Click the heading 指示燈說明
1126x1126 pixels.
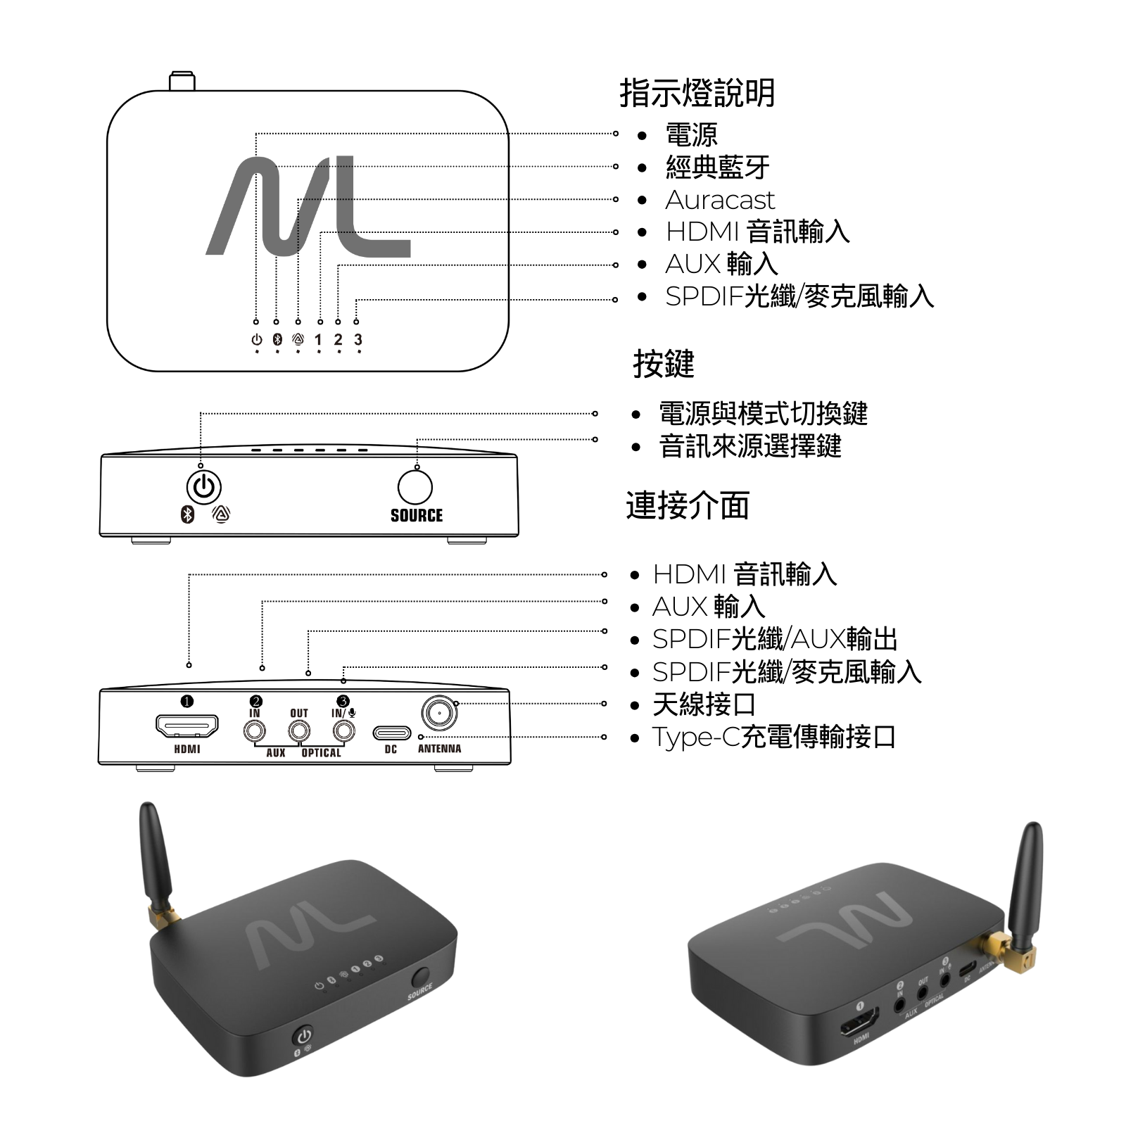pyautogui.click(x=697, y=93)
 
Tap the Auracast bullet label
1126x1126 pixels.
pyautogui.click(x=719, y=200)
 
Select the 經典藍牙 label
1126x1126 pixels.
pyautogui.click(x=717, y=167)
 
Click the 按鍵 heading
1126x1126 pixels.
pyautogui.click(x=663, y=364)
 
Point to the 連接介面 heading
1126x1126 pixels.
pyautogui.click(x=687, y=505)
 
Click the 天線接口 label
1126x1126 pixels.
pyautogui.click(x=704, y=704)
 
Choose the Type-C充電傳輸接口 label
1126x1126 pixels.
pyautogui.click(x=773, y=737)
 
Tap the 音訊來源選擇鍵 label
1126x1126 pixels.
pyautogui.click(x=750, y=446)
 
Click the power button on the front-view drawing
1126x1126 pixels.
pyautogui.click(x=203, y=487)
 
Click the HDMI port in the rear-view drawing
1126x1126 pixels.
pyautogui.click(x=187, y=726)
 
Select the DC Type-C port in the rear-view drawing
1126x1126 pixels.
pyautogui.click(x=391, y=733)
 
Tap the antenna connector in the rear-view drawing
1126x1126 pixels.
pyautogui.click(x=439, y=714)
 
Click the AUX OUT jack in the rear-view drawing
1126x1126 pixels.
pyautogui.click(x=299, y=731)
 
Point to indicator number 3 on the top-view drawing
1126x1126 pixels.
pyautogui.click(x=358, y=340)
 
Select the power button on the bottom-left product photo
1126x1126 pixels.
pyautogui.click(x=303, y=1036)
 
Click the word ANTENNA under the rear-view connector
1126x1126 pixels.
pyautogui.click(x=439, y=749)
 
